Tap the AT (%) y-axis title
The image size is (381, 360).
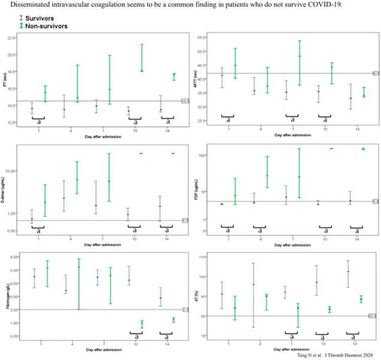click(198, 297)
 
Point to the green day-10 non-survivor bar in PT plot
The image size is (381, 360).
click(142, 57)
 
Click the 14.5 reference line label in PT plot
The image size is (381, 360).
click(185, 101)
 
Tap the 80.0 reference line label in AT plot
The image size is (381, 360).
click(372, 316)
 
